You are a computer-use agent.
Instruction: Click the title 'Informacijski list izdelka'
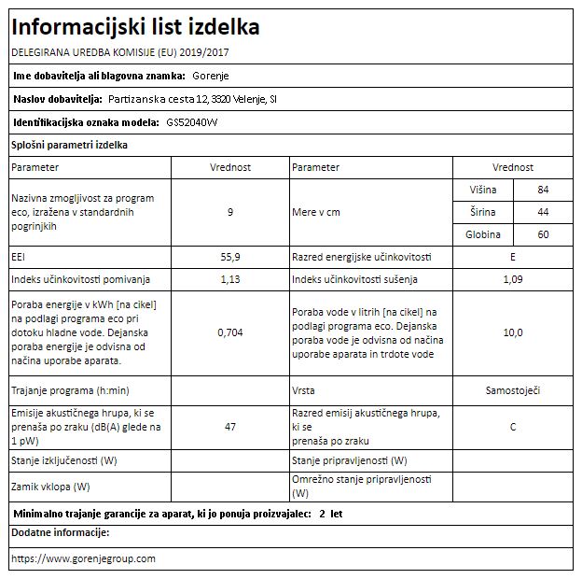pyautogui.click(x=135, y=27)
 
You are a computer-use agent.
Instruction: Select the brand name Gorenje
pyautogui.click(x=210, y=76)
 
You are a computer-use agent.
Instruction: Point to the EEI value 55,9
pyautogui.click(x=229, y=257)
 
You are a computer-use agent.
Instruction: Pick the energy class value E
pyautogui.click(x=512, y=257)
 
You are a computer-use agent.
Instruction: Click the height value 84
pyautogui.click(x=543, y=190)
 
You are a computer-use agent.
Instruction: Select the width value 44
pyautogui.click(x=543, y=212)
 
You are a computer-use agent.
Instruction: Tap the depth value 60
pyautogui.click(x=543, y=234)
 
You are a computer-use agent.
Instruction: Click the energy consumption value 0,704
pyautogui.click(x=229, y=332)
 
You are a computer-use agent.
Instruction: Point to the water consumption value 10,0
pyautogui.click(x=512, y=332)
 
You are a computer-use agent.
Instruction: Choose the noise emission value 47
pyautogui.click(x=229, y=427)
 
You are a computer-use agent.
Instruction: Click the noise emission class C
pyautogui.click(x=512, y=427)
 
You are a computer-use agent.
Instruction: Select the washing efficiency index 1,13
pyautogui.click(x=229, y=279)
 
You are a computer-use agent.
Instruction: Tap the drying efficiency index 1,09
pyautogui.click(x=512, y=279)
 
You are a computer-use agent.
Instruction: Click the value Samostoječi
pyautogui.click(x=512, y=389)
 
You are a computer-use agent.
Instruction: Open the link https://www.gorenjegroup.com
pyautogui.click(x=83, y=558)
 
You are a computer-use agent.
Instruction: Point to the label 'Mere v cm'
pyautogui.click(x=316, y=212)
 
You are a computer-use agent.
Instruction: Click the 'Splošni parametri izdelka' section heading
pyautogui.click(x=69, y=145)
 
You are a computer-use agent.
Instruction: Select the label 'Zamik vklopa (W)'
pyautogui.click(x=50, y=487)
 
